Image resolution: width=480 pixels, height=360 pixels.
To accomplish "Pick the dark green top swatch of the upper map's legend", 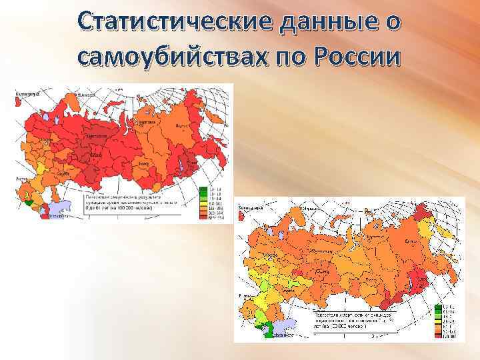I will (x=202, y=190).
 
